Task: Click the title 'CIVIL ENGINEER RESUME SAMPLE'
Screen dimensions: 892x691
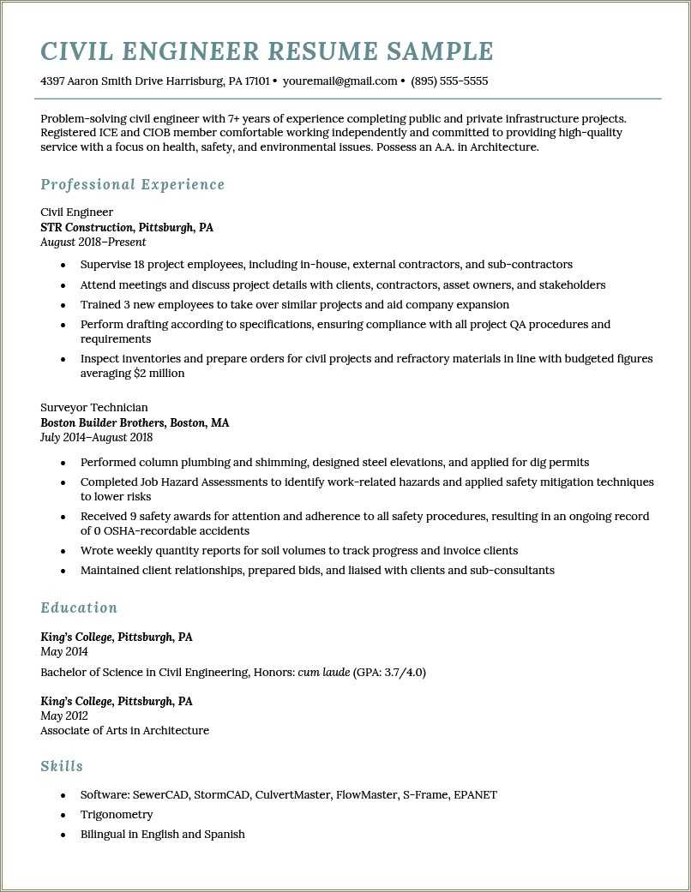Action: (267, 51)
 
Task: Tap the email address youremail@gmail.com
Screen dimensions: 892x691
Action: (339, 81)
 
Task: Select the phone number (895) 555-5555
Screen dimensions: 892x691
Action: (449, 81)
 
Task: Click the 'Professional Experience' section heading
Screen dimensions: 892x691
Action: (132, 184)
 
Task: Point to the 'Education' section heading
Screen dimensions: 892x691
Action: (79, 608)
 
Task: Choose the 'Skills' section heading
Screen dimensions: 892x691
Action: (62, 766)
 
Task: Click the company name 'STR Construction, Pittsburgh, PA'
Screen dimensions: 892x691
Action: (127, 227)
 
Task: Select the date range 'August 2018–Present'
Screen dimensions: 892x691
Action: (93, 242)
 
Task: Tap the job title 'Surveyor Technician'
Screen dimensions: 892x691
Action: (94, 407)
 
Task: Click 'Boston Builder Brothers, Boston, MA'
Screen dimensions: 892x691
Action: (135, 422)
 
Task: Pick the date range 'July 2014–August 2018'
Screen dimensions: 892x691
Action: (96, 437)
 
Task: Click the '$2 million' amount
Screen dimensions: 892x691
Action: (159, 374)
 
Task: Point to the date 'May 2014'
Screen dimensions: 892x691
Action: (64, 652)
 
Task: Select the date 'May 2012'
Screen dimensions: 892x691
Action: (64, 715)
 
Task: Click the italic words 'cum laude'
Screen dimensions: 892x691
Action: (323, 672)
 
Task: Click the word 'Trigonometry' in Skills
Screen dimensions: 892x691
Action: (117, 814)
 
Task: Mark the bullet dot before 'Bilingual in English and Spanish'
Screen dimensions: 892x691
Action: (63, 835)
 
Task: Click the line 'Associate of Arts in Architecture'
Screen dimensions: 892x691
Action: (124, 731)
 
